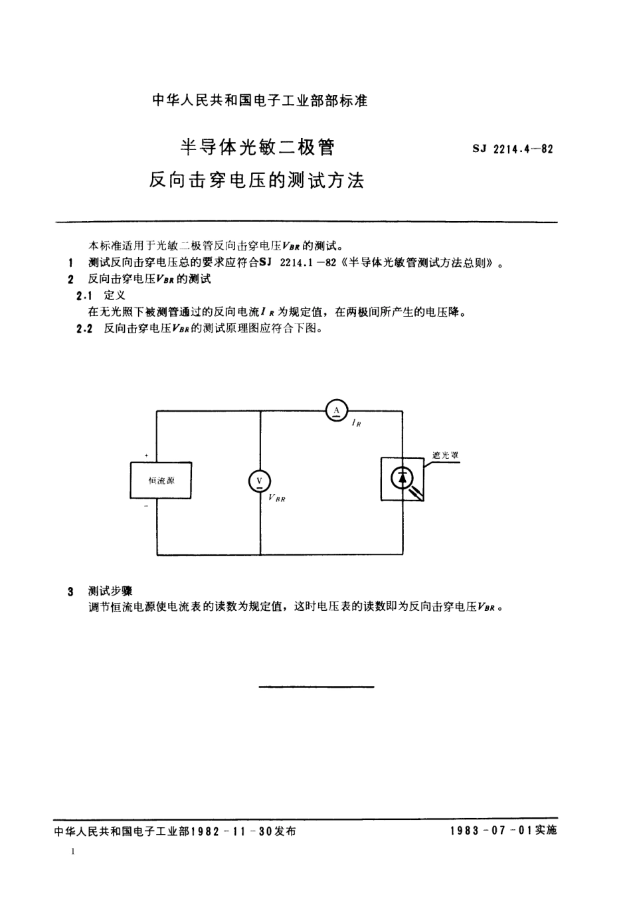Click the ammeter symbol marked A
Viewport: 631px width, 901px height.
pos(337,411)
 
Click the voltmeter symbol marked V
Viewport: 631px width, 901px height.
pos(259,481)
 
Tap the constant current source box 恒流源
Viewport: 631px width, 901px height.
pos(161,480)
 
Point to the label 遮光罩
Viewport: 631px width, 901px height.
pos(446,455)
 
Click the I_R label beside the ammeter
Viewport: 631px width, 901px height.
pos(357,423)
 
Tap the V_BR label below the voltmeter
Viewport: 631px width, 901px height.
pos(277,498)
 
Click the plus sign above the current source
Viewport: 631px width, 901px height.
pos(146,455)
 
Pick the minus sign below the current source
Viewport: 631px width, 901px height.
pos(146,507)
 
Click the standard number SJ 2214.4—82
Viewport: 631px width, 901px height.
pos(513,149)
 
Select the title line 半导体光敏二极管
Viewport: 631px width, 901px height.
pos(258,147)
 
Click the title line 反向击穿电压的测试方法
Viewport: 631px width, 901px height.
pos(257,180)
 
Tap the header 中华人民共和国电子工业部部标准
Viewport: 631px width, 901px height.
pos(260,101)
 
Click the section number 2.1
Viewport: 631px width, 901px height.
pos(84,295)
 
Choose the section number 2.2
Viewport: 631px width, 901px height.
pos(84,329)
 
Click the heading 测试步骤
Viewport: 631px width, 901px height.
pos(110,590)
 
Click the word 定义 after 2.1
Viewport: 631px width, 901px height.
pos(115,295)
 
